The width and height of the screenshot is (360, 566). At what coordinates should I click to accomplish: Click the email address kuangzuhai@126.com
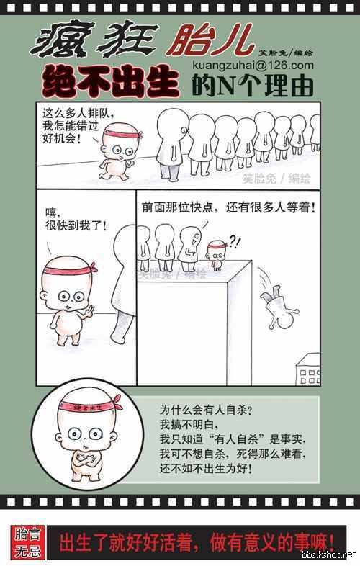coord(253,66)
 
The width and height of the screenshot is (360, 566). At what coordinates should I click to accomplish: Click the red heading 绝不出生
coord(110,82)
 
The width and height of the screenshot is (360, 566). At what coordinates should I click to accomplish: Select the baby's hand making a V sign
coord(88,310)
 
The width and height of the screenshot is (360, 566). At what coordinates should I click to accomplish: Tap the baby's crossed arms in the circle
coord(86,459)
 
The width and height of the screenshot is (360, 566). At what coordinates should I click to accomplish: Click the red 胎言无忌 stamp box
coord(27,542)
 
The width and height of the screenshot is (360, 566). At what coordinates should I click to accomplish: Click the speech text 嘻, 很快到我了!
coord(76,219)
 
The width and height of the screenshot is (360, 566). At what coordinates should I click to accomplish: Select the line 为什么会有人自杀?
coord(206,410)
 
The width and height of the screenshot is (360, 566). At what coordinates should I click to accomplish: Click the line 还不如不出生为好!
coord(206,468)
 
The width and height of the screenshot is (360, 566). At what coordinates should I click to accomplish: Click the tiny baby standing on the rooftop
coord(217,254)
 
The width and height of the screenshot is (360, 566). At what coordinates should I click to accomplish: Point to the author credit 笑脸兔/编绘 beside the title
coord(285,53)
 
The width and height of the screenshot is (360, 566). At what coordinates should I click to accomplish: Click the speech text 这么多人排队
coord(78,113)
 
